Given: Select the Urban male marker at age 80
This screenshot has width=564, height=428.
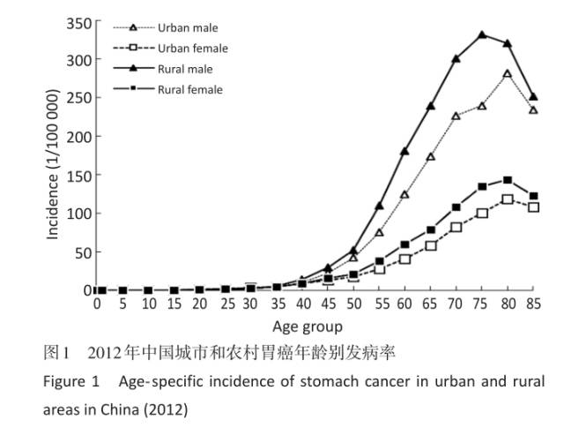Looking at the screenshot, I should [x=508, y=74].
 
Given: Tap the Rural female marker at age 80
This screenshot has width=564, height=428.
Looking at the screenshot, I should [x=508, y=180].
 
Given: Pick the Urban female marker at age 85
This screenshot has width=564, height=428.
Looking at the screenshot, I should [x=533, y=207].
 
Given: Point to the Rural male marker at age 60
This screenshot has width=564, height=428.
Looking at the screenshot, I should [x=405, y=152].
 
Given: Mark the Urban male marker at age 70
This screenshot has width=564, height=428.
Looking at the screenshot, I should [x=456, y=116].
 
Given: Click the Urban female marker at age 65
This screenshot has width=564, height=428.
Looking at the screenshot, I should [x=431, y=245].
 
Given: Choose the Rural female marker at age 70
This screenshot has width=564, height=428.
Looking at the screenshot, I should [x=456, y=207].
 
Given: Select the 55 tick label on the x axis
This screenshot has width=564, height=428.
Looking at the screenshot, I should [x=380, y=304].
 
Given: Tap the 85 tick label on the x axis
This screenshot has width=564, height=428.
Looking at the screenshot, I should [x=533, y=304].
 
